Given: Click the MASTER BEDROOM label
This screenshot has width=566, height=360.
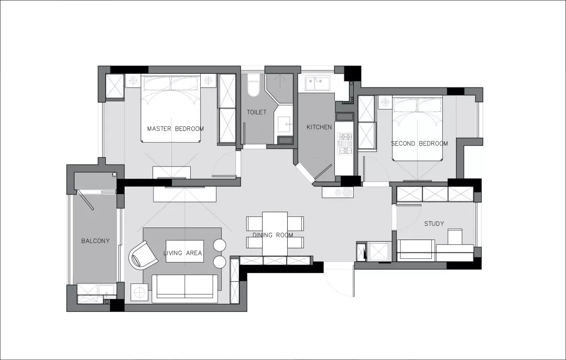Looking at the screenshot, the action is pos(176,128).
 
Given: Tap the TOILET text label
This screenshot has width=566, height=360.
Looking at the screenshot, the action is pos(257,112).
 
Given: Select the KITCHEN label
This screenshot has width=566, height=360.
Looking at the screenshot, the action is pos(319,127).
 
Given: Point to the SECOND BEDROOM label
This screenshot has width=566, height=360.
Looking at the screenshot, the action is pos(419,144).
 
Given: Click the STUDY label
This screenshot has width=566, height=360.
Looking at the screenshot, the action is pos(434,224).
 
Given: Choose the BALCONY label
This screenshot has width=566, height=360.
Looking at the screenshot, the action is pos(95,241).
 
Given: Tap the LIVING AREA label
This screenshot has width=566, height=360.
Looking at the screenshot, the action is pos(183,253).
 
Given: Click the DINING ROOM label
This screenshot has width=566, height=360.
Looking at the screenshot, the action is pos(273,235).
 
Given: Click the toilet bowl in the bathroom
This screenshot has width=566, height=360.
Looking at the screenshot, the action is pos(254,85).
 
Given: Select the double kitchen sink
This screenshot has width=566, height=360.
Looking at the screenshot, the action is pos(318,83).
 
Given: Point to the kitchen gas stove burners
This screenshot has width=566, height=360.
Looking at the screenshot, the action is pos(345,144).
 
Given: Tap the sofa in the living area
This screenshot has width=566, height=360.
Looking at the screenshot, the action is pos(185,289).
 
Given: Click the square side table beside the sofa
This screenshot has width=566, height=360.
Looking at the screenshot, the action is pos(139,292).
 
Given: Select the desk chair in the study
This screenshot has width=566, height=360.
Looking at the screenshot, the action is pos(455,236).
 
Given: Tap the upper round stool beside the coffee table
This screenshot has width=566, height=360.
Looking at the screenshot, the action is pos(219,245).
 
